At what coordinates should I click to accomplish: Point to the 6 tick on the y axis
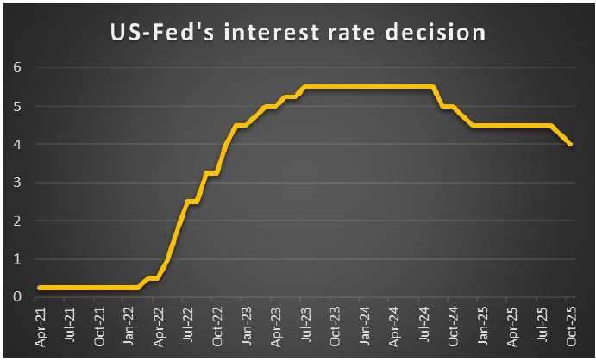[17, 67]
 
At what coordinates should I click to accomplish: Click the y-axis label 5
[17, 106]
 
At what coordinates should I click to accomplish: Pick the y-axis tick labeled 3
[17, 183]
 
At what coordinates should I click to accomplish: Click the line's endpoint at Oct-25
[569, 144]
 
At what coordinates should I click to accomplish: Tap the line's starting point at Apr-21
[40, 288]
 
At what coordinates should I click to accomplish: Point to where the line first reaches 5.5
[304, 86]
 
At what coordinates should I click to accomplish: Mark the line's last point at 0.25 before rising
[138, 288]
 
